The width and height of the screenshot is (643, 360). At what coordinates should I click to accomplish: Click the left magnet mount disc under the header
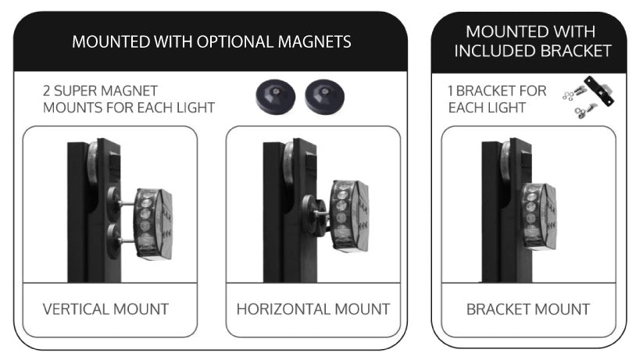click(275, 97)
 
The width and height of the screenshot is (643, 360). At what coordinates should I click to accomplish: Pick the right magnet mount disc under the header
click(324, 97)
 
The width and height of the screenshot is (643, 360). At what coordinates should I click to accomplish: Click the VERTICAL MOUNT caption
click(105, 309)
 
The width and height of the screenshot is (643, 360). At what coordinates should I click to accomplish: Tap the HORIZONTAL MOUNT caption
click(313, 309)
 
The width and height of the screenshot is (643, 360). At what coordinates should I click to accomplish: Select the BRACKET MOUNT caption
click(528, 309)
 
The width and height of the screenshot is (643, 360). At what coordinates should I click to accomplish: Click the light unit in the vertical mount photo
click(153, 224)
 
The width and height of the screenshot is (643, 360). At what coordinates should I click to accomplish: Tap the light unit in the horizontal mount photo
click(350, 216)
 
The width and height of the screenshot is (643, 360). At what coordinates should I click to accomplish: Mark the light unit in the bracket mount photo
click(538, 216)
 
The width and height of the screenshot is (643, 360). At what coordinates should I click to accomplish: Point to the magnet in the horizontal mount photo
click(314, 216)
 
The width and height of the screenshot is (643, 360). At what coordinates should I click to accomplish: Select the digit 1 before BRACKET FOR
click(450, 91)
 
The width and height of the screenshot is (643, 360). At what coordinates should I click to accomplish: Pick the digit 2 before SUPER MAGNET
click(47, 91)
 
